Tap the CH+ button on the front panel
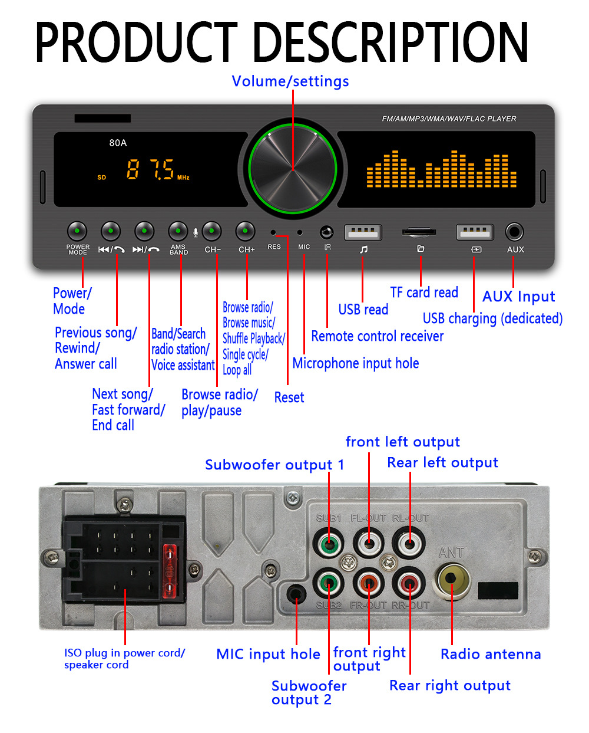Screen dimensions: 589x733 (x=246, y=232)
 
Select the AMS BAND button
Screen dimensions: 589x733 (x=178, y=232)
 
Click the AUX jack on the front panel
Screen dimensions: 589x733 (x=514, y=232)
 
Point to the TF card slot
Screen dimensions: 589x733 (x=419, y=232)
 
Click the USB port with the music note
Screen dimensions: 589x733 (x=363, y=232)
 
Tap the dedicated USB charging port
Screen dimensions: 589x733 (x=475, y=232)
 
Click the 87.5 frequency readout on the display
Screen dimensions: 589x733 (x=151, y=170)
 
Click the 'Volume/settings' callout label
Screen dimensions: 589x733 (x=290, y=81)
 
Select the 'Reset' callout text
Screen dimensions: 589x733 (x=289, y=397)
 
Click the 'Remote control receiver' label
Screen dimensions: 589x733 (x=378, y=336)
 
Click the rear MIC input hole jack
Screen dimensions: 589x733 (x=296, y=592)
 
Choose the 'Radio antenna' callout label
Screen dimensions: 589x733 (x=491, y=654)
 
